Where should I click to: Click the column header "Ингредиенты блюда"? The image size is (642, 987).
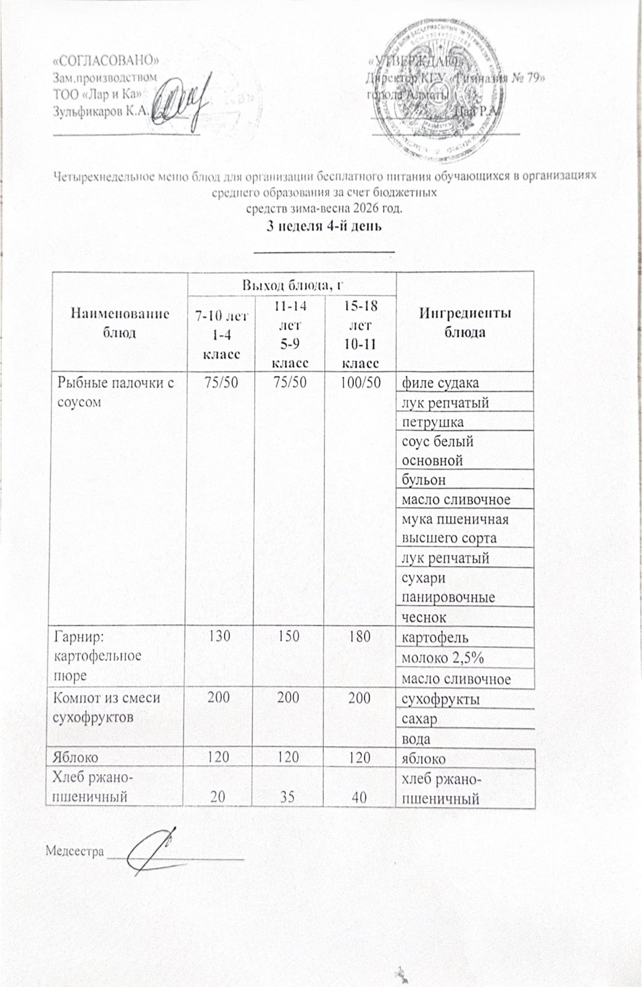pos(465,322)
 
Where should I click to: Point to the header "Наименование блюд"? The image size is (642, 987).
pos(120,322)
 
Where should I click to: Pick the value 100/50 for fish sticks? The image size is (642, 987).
pos(360,382)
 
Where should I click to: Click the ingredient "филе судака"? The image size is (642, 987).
pos(440,382)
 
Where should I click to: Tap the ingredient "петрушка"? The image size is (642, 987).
pos(432,422)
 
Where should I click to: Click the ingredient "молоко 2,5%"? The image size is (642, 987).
pos(442,658)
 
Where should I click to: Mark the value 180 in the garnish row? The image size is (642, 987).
pos(360,636)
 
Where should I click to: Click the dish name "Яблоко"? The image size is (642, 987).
pos(78,757)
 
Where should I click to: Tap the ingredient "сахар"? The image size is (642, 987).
pos(419,719)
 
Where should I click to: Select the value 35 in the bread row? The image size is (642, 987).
pos(289,797)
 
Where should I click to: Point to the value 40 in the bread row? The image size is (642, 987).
pos(360,797)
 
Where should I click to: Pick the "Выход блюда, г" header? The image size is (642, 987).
pos(292,284)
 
